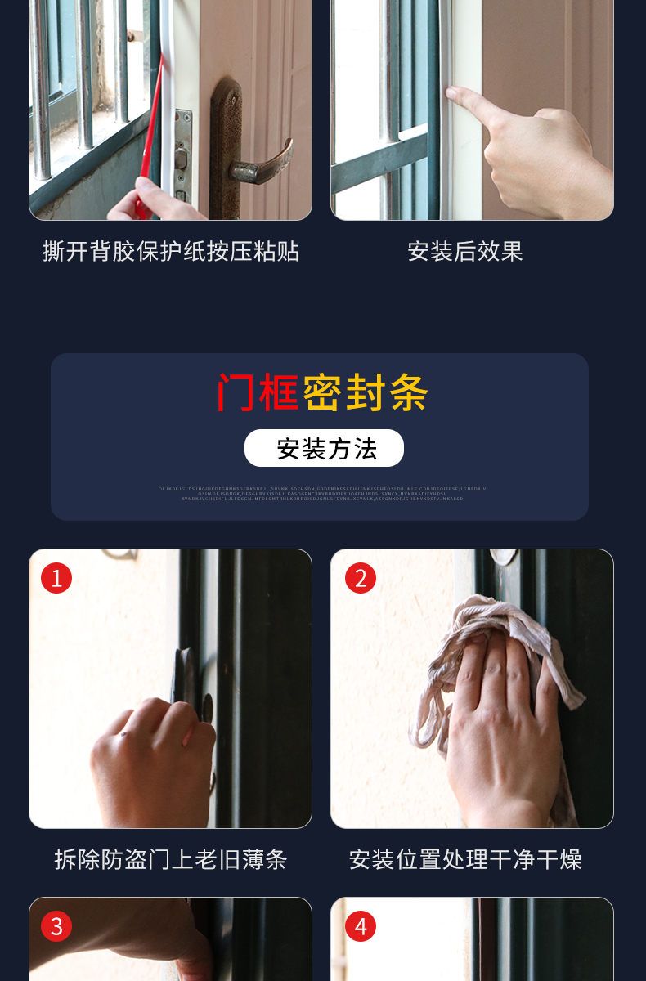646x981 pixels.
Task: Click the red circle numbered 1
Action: pyautogui.click(x=56, y=578)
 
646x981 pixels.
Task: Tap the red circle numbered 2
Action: pyautogui.click(x=361, y=578)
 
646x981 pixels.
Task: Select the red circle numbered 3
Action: pyautogui.click(x=56, y=926)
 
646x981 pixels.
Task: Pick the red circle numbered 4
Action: pyautogui.click(x=361, y=926)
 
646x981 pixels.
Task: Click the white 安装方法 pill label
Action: pyautogui.click(x=324, y=448)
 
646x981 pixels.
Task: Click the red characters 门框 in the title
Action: pyautogui.click(x=257, y=393)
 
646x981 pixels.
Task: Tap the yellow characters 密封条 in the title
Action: pyautogui.click(x=366, y=393)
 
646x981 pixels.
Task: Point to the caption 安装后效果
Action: pyautogui.click(x=464, y=251)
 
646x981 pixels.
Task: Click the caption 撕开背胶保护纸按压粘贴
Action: pyautogui.click(x=171, y=251)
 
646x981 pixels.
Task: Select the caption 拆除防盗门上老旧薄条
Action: pyautogui.click(x=171, y=859)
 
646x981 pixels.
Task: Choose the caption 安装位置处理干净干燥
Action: pyautogui.click(x=464, y=859)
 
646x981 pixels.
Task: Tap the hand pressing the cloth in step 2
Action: pyautogui.click(x=491, y=719)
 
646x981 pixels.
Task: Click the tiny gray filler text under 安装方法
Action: pyautogui.click(x=322, y=494)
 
